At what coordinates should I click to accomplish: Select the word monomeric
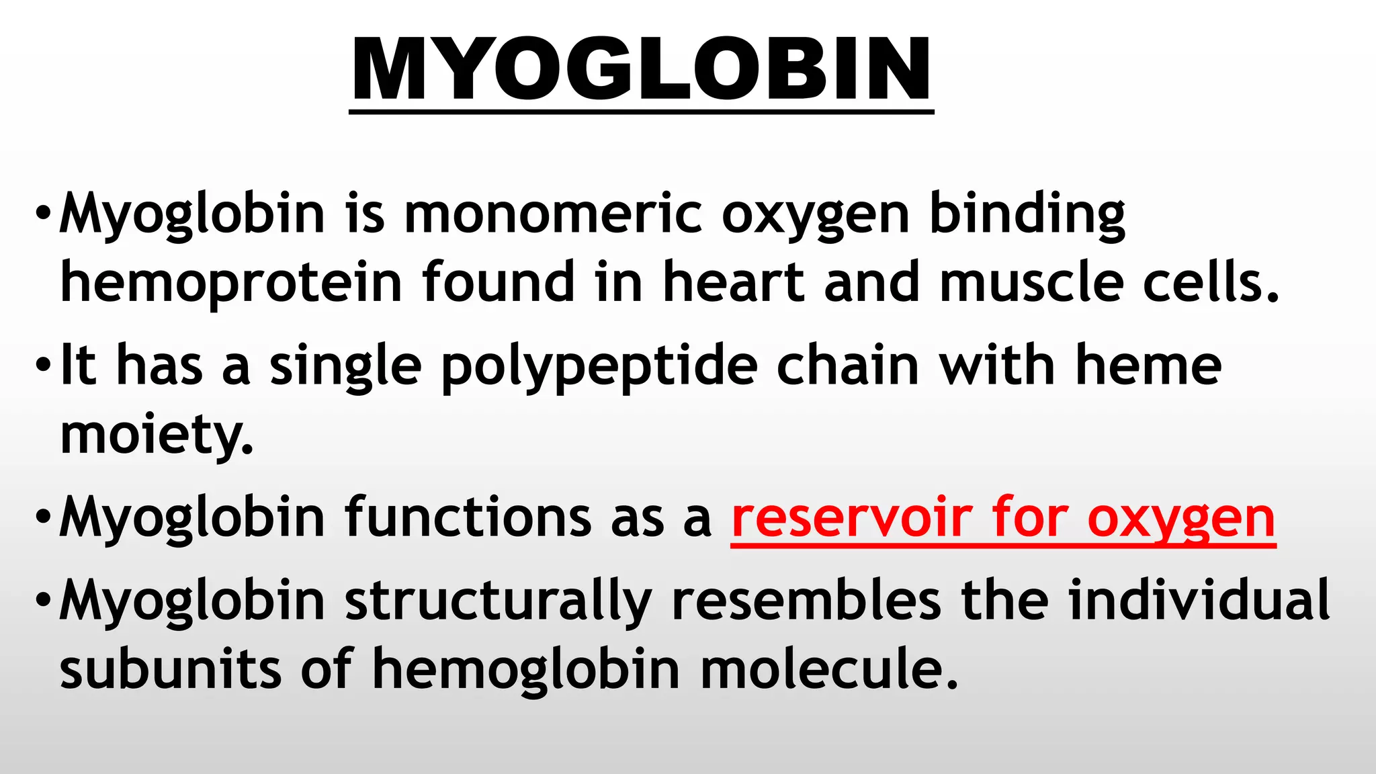tap(553, 214)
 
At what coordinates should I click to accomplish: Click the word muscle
tap(1031, 282)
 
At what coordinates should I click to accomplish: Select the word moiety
tap(156, 435)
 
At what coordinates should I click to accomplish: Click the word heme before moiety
tap(1148, 366)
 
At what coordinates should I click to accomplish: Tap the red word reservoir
tap(851, 518)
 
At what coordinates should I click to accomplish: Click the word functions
tap(468, 518)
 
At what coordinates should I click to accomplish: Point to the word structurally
tap(498, 602)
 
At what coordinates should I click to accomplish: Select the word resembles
tap(806, 601)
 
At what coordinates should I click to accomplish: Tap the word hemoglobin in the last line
tap(526, 671)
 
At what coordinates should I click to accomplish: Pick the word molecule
tap(828, 669)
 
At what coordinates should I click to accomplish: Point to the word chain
tap(847, 366)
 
